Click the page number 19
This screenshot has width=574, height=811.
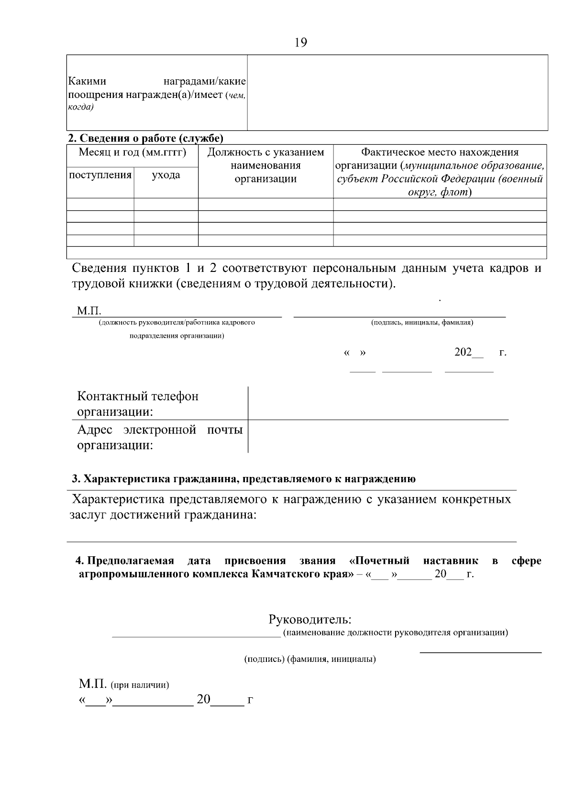pos(301,43)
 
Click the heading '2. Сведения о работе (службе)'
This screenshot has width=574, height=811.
pos(145,139)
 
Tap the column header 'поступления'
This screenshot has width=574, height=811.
pos(100,175)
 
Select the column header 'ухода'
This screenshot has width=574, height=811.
pos(166,175)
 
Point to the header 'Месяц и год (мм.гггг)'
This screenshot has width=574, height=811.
pos(132,152)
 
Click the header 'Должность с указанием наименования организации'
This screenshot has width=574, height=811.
pos(265,165)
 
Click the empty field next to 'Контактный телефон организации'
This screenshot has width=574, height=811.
pos(378,403)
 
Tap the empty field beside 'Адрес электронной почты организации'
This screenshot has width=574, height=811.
pos(378,437)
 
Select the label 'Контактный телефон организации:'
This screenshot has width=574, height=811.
pos(138,404)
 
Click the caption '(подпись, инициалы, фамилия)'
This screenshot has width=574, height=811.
pos(422,323)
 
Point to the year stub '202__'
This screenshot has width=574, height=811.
pos(468,353)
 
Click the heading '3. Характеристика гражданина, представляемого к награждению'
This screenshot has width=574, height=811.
pos(243,479)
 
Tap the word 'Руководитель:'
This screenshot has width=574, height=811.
pos(310,620)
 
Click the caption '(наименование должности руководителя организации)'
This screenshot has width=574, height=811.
pos(396,633)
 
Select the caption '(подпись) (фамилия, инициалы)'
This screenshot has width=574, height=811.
pos(310,660)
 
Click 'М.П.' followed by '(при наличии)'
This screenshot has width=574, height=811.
pos(123,684)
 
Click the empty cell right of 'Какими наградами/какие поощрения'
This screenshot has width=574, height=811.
pos(397,93)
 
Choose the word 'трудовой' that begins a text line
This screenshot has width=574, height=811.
pos(95,283)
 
